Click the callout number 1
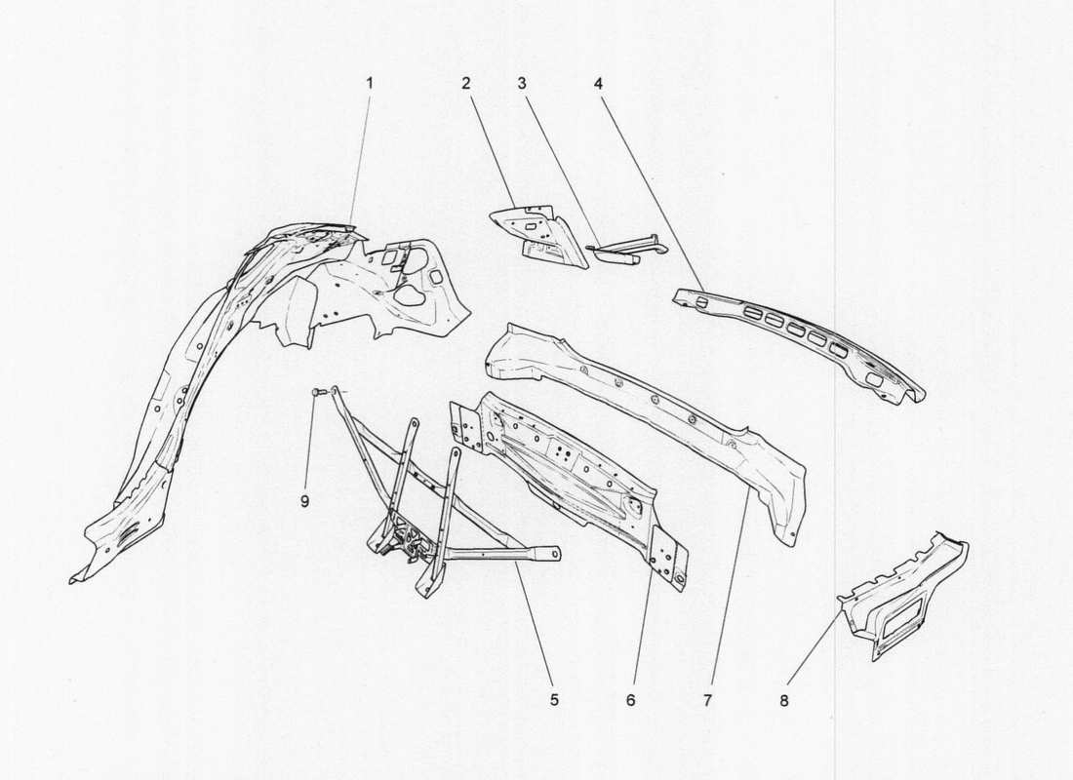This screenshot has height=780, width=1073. point(370,84)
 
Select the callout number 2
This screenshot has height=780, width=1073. point(467,84)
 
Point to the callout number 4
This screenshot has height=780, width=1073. point(597,84)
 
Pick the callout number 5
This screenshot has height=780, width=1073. point(553,699)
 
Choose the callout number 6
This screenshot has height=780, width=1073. point(630,699)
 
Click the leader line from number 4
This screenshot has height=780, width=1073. point(649,185)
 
